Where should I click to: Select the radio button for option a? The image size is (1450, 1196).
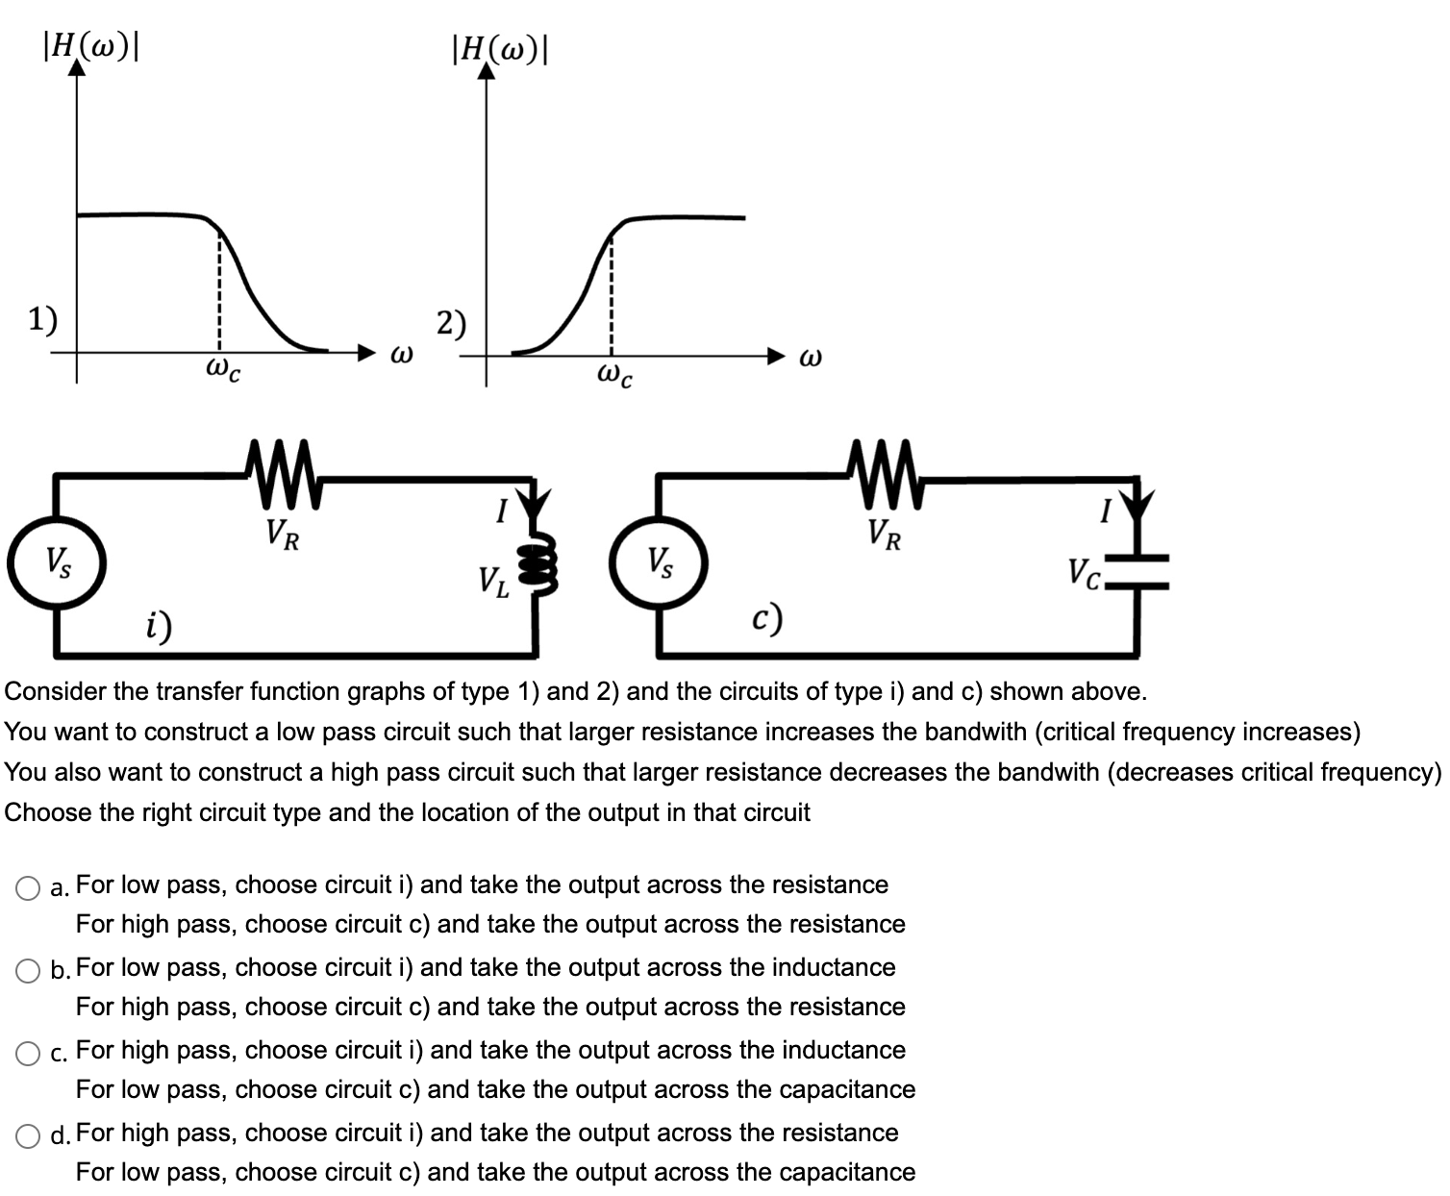point(28,888)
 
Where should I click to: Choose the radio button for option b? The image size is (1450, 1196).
point(28,971)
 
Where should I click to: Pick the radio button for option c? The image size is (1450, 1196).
point(28,1054)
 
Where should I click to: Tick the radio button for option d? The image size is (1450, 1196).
point(28,1136)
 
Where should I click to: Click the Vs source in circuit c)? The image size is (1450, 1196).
point(660,561)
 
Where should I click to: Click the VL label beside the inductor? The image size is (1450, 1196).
point(494,581)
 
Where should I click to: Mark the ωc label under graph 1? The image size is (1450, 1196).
point(222,369)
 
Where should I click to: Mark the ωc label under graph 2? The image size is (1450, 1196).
point(614,375)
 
